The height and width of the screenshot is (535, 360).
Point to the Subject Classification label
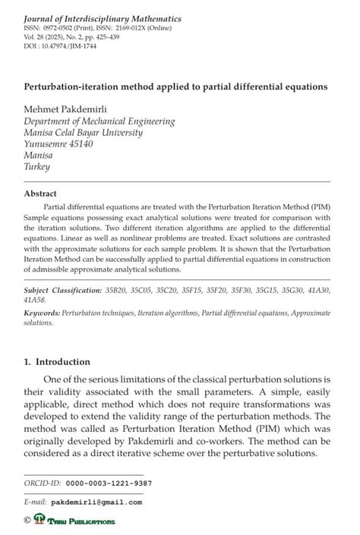[63, 290]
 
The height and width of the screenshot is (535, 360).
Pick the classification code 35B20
[120, 290]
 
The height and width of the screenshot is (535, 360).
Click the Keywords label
[42, 313]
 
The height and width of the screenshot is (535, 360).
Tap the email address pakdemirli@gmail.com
[96, 502]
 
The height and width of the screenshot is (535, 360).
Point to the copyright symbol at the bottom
[28, 521]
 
